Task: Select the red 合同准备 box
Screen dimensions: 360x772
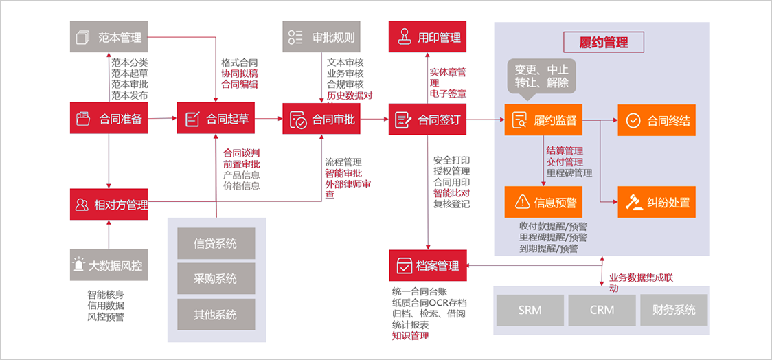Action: (x=110, y=118)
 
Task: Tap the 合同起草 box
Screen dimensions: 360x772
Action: (x=216, y=118)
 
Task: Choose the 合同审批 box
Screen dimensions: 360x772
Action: (x=322, y=119)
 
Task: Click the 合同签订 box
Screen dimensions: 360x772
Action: (x=428, y=119)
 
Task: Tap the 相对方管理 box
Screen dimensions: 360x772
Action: (x=110, y=204)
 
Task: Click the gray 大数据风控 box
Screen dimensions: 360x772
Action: (x=110, y=265)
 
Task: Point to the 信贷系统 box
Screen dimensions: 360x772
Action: (x=216, y=243)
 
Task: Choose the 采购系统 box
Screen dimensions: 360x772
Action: (x=216, y=279)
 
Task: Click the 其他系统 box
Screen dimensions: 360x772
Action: (x=216, y=315)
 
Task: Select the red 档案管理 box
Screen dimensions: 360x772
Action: (x=428, y=265)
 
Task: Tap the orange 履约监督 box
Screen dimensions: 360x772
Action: (x=543, y=121)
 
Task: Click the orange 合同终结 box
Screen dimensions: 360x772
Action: (x=657, y=121)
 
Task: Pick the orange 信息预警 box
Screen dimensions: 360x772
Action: (x=543, y=202)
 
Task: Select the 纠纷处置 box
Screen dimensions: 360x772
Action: (x=657, y=202)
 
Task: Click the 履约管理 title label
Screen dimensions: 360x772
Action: (x=604, y=43)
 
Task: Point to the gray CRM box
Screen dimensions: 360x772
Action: (x=602, y=310)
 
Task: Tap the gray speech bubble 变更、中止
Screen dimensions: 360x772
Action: (x=542, y=76)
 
